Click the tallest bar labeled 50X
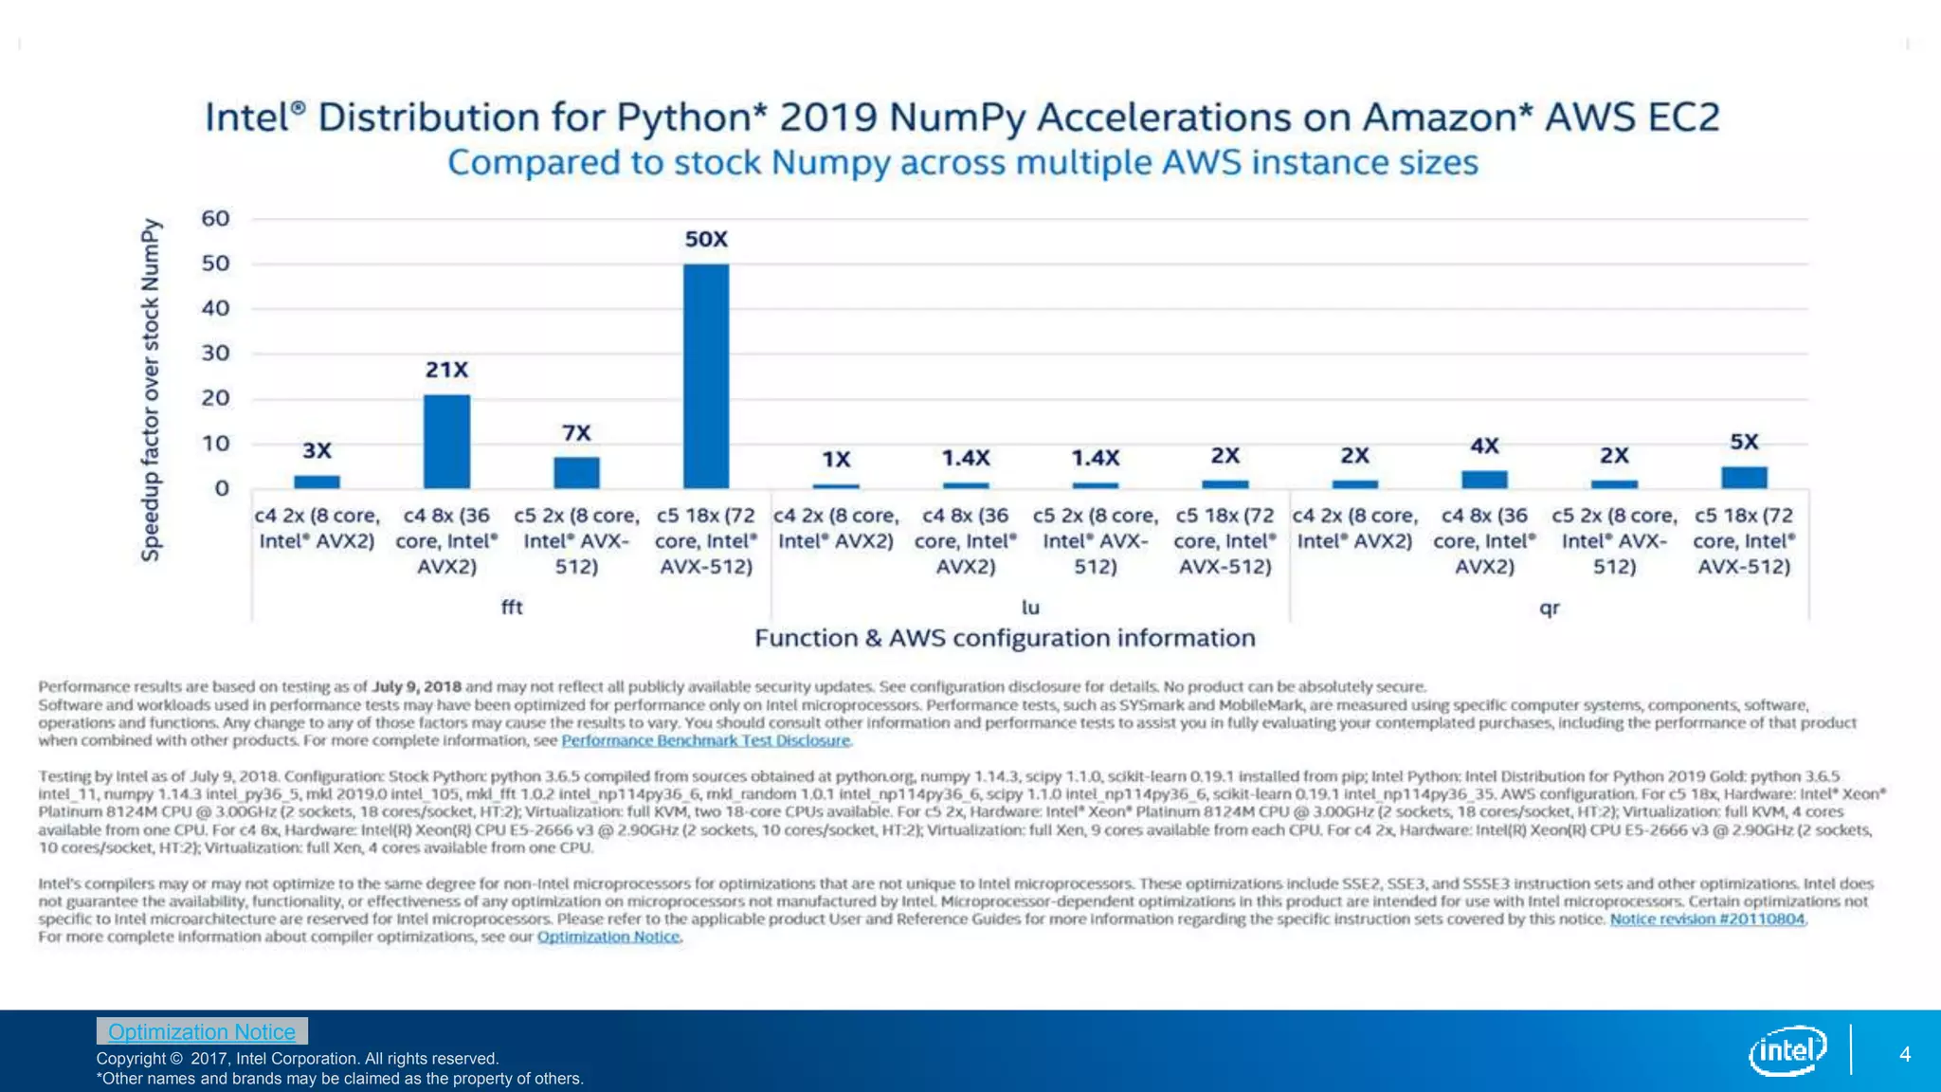click(706, 375)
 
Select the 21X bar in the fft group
click(446, 441)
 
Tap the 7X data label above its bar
click(576, 433)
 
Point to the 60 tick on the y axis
click(216, 219)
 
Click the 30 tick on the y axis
click(216, 354)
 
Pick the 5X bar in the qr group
click(1744, 478)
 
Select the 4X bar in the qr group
click(1484, 480)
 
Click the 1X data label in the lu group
click(836, 460)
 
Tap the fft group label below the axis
click(512, 608)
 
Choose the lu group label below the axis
click(1030, 608)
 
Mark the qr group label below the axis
click(1550, 608)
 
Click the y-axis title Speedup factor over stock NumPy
click(151, 390)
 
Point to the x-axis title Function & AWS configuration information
click(1005, 638)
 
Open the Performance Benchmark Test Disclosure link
click(706, 740)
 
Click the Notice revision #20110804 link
click(1707, 919)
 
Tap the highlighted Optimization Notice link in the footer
click(202, 1031)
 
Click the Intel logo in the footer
click(1787, 1050)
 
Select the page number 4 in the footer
click(1905, 1054)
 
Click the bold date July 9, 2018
click(416, 686)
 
